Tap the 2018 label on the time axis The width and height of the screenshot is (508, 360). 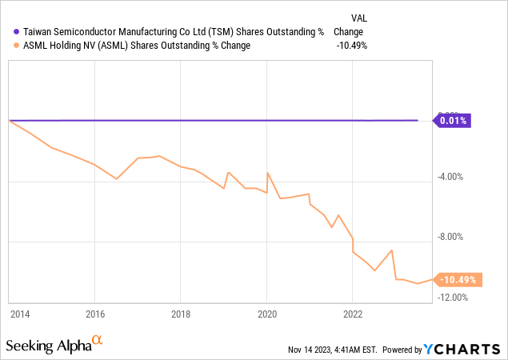point(181,314)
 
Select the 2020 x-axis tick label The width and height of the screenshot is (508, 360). point(266,314)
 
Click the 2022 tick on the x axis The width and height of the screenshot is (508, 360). point(353,314)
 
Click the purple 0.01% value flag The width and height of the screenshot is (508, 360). point(454,121)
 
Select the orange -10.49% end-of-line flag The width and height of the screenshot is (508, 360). point(457,280)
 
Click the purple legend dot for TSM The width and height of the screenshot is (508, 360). point(17,32)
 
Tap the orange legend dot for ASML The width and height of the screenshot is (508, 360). point(17,46)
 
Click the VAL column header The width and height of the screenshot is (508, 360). point(360,18)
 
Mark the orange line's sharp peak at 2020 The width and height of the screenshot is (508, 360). point(267,173)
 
